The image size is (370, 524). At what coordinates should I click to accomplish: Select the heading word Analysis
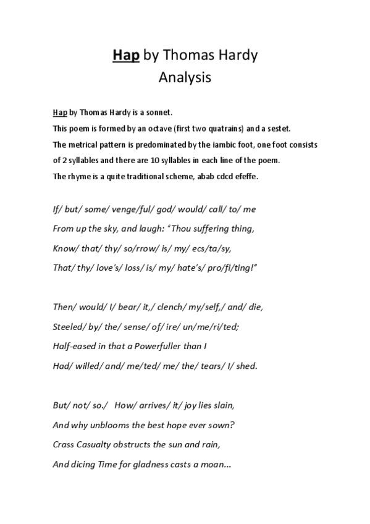[x=185, y=78]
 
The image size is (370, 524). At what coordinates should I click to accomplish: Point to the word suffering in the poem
[x=213, y=229]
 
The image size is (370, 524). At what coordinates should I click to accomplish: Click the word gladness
[x=160, y=466]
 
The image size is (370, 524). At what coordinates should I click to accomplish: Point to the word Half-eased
[x=73, y=346]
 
